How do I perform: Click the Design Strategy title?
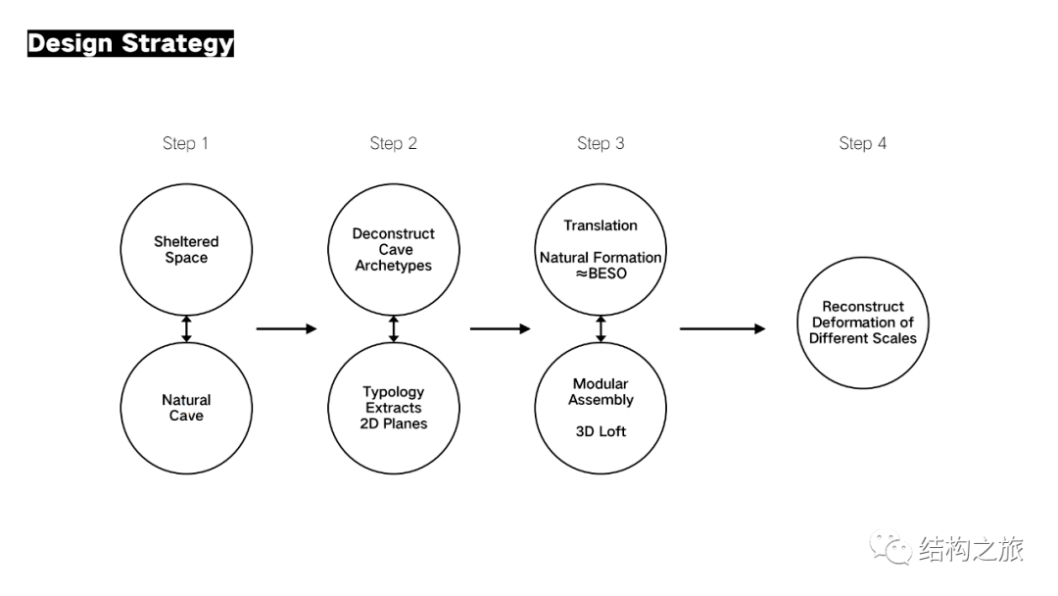(130, 43)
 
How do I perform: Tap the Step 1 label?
(185, 143)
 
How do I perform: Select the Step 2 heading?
(394, 143)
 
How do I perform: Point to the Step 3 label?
(601, 143)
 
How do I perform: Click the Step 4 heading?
(862, 143)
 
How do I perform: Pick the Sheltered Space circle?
(186, 185)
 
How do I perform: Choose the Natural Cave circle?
(186, 343)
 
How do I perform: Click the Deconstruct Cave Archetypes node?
(394, 185)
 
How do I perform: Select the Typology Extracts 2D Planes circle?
(394, 343)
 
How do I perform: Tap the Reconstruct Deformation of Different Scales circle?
(863, 258)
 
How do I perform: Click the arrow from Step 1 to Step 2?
(286, 328)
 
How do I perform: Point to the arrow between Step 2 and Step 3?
(500, 328)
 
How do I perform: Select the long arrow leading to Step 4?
(723, 328)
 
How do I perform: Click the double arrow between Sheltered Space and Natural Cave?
(186, 328)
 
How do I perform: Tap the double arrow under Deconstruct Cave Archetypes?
(394, 328)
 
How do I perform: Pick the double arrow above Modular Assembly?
(601, 328)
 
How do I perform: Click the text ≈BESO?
(601, 273)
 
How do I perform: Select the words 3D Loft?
(601, 431)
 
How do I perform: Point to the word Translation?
(601, 225)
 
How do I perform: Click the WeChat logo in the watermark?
(890, 547)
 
